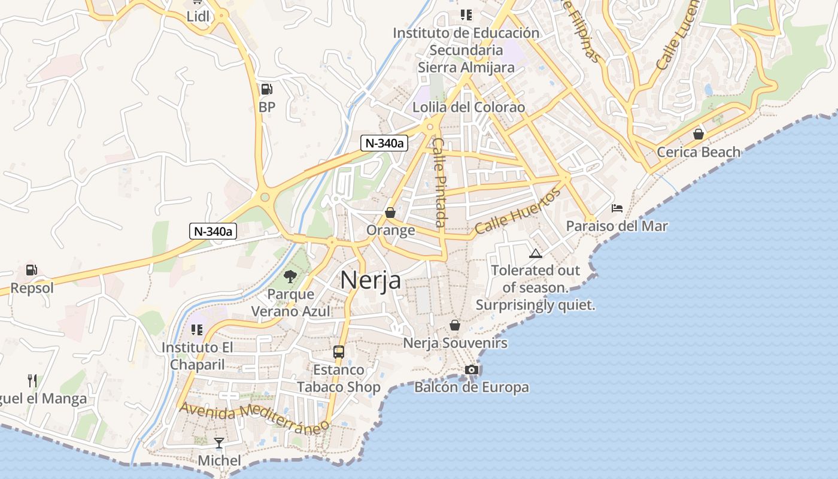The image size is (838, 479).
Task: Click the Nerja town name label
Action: tap(371, 280)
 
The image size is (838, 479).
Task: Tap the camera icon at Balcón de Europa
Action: tap(472, 369)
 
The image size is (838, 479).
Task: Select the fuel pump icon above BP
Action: tap(266, 90)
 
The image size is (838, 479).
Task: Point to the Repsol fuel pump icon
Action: tap(32, 270)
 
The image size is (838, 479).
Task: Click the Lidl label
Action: tap(198, 16)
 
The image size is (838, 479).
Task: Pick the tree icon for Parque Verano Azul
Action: tap(290, 276)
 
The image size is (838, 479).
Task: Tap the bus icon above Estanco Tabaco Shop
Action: tap(339, 351)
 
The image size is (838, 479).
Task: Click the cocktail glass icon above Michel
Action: tap(219, 443)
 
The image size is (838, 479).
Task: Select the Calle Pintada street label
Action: tap(440, 183)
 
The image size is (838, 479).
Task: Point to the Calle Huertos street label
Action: tap(518, 210)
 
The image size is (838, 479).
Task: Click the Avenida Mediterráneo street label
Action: tap(254, 416)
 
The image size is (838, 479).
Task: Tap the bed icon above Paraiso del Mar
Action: tap(617, 208)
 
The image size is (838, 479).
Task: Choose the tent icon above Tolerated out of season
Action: tap(535, 253)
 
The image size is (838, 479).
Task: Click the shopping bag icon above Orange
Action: tap(390, 213)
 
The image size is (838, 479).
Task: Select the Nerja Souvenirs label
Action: tap(455, 343)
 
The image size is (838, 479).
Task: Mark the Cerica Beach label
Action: tap(699, 152)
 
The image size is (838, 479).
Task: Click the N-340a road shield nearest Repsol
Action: tap(213, 231)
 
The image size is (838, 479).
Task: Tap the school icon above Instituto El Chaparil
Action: tap(197, 329)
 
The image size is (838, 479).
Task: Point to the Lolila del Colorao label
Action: tap(469, 107)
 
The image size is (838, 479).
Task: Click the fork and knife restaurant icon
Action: tap(32, 380)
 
